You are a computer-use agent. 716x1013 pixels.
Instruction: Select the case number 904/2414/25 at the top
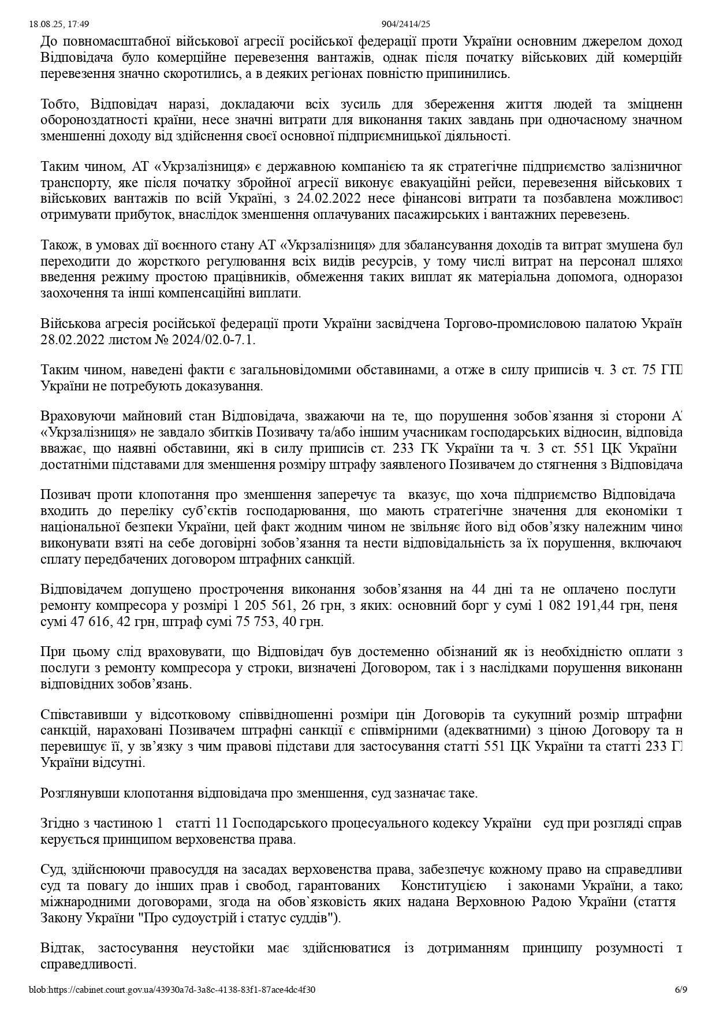(406, 24)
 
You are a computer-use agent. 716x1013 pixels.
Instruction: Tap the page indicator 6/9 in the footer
(681, 989)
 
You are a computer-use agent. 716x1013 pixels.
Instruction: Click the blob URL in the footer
(172, 989)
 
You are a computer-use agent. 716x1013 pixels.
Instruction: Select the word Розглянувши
(79, 793)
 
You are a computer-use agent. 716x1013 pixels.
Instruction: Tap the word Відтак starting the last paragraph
(62, 948)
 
